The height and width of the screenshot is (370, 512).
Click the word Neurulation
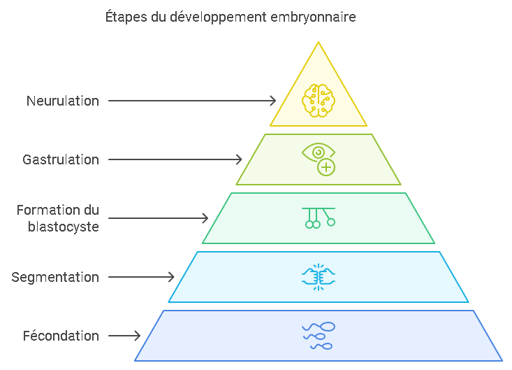click(63, 101)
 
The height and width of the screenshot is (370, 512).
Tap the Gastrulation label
click(61, 159)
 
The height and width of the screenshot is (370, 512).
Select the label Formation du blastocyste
click(58, 218)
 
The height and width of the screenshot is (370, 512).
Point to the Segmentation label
click(55, 277)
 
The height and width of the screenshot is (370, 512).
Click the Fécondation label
click(61, 336)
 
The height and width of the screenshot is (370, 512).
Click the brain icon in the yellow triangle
click(319, 99)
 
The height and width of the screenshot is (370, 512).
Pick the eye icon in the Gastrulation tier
click(318, 152)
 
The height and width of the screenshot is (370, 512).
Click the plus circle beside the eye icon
click(326, 167)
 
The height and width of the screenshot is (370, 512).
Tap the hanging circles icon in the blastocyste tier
click(319, 218)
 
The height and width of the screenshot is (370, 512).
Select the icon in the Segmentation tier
click(319, 277)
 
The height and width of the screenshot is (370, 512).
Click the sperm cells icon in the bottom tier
click(319, 336)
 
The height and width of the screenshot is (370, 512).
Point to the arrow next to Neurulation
click(192, 101)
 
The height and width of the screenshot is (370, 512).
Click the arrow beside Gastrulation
click(175, 159)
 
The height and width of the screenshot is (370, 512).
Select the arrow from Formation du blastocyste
click(158, 218)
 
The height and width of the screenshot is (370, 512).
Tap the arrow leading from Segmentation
click(141, 277)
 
